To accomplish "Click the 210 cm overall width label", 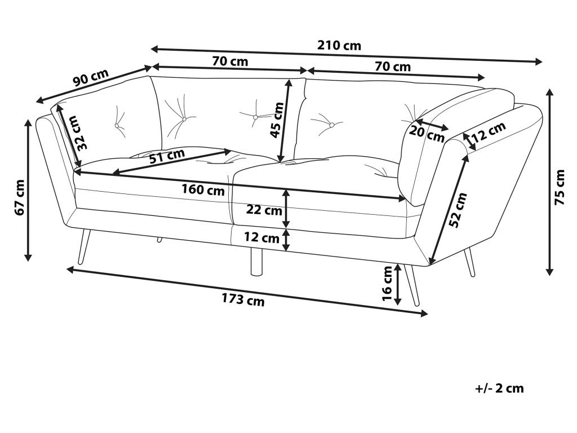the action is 339,46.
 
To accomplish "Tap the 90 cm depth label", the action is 91,77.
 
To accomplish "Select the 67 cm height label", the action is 20,197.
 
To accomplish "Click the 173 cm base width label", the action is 243,299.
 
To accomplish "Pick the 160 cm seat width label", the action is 203,189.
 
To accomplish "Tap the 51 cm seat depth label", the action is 167,156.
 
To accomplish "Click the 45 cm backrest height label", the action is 277,120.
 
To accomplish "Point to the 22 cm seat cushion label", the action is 264,210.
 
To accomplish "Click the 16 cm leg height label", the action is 387,283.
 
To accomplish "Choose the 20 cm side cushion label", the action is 427,133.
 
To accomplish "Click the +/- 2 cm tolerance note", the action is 499,388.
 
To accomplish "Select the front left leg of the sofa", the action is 83,247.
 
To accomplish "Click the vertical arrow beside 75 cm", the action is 550,182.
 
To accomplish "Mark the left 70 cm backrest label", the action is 230,61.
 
